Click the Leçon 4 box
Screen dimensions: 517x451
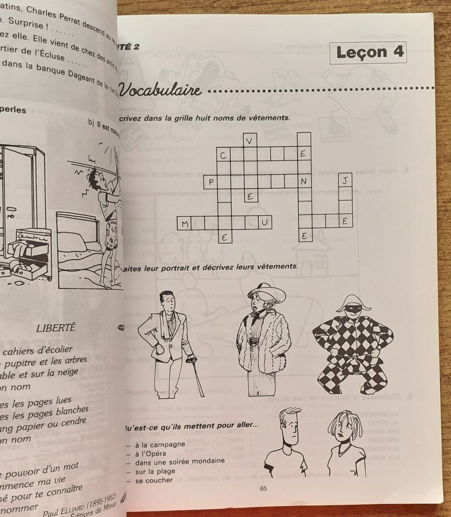368,52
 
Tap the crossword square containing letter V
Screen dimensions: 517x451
251,140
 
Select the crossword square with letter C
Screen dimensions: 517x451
224,154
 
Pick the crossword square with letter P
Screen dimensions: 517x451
210,181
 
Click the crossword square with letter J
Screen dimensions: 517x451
345,180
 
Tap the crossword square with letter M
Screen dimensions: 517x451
184,223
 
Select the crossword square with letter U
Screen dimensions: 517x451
265,222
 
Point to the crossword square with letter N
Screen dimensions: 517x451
304,181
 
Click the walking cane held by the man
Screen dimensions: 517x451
197,374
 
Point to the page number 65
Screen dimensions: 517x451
263,489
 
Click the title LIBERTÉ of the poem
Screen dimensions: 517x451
56,327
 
